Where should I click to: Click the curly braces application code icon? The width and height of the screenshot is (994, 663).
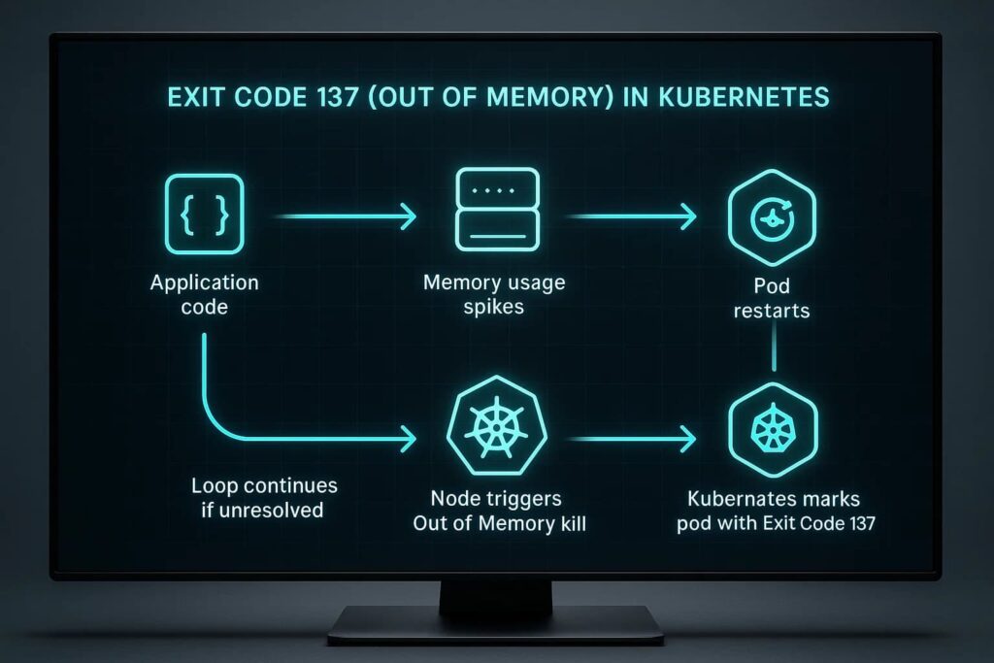point(204,215)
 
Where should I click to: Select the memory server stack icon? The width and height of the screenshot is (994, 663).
point(498,209)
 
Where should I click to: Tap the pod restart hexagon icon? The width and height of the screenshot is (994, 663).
point(772,217)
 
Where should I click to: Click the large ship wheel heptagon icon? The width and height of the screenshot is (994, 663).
point(496,426)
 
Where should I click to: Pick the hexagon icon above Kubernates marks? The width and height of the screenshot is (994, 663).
point(773,430)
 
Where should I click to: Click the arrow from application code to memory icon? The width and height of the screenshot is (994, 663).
point(346,216)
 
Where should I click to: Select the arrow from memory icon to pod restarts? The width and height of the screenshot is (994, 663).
point(631,216)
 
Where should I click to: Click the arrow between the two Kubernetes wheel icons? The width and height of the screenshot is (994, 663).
point(632,438)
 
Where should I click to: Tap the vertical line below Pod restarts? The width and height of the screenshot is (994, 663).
point(774,346)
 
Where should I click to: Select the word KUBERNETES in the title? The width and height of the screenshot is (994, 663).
point(744,98)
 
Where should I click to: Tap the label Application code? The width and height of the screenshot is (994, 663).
point(204,294)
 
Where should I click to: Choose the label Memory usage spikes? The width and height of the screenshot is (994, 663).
point(494,294)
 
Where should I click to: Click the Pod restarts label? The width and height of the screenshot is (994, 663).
point(772,298)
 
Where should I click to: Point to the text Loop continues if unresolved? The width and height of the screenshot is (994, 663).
point(264,498)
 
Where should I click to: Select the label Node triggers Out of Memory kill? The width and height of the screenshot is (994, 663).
point(499,511)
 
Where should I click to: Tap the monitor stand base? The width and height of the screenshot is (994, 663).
point(496,624)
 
